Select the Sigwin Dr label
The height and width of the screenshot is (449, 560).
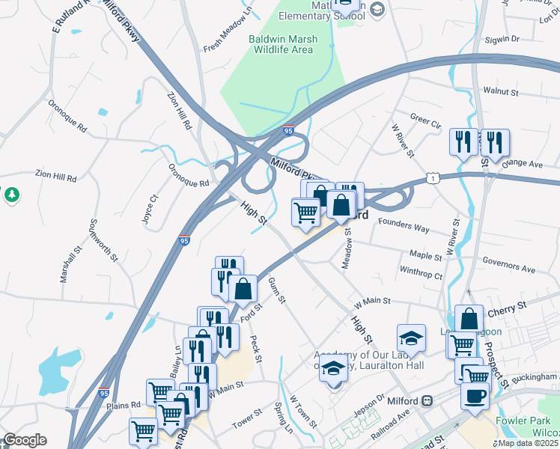502,39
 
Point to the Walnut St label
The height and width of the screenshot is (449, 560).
501,91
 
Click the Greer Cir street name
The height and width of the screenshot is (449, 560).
425,120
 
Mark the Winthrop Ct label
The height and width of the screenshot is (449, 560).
421,275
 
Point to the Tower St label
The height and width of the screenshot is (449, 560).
246,423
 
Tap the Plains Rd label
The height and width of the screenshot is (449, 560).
124,405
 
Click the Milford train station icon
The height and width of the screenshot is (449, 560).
426,400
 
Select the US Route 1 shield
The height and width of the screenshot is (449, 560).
432,177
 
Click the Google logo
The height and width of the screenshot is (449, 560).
24,440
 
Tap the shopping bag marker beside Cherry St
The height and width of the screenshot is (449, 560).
469,317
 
